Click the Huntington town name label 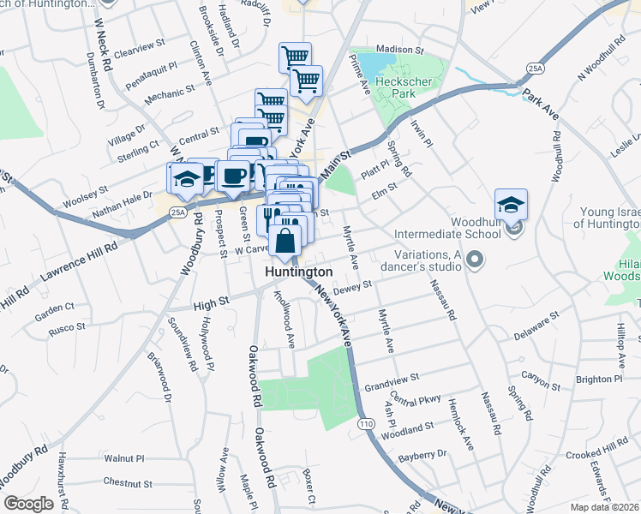pos(298,272)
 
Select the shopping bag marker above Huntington pos(285,243)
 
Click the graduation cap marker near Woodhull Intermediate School pos(511,206)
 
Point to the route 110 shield pos(367,424)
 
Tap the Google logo pos(28,504)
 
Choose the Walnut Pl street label pos(124,459)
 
